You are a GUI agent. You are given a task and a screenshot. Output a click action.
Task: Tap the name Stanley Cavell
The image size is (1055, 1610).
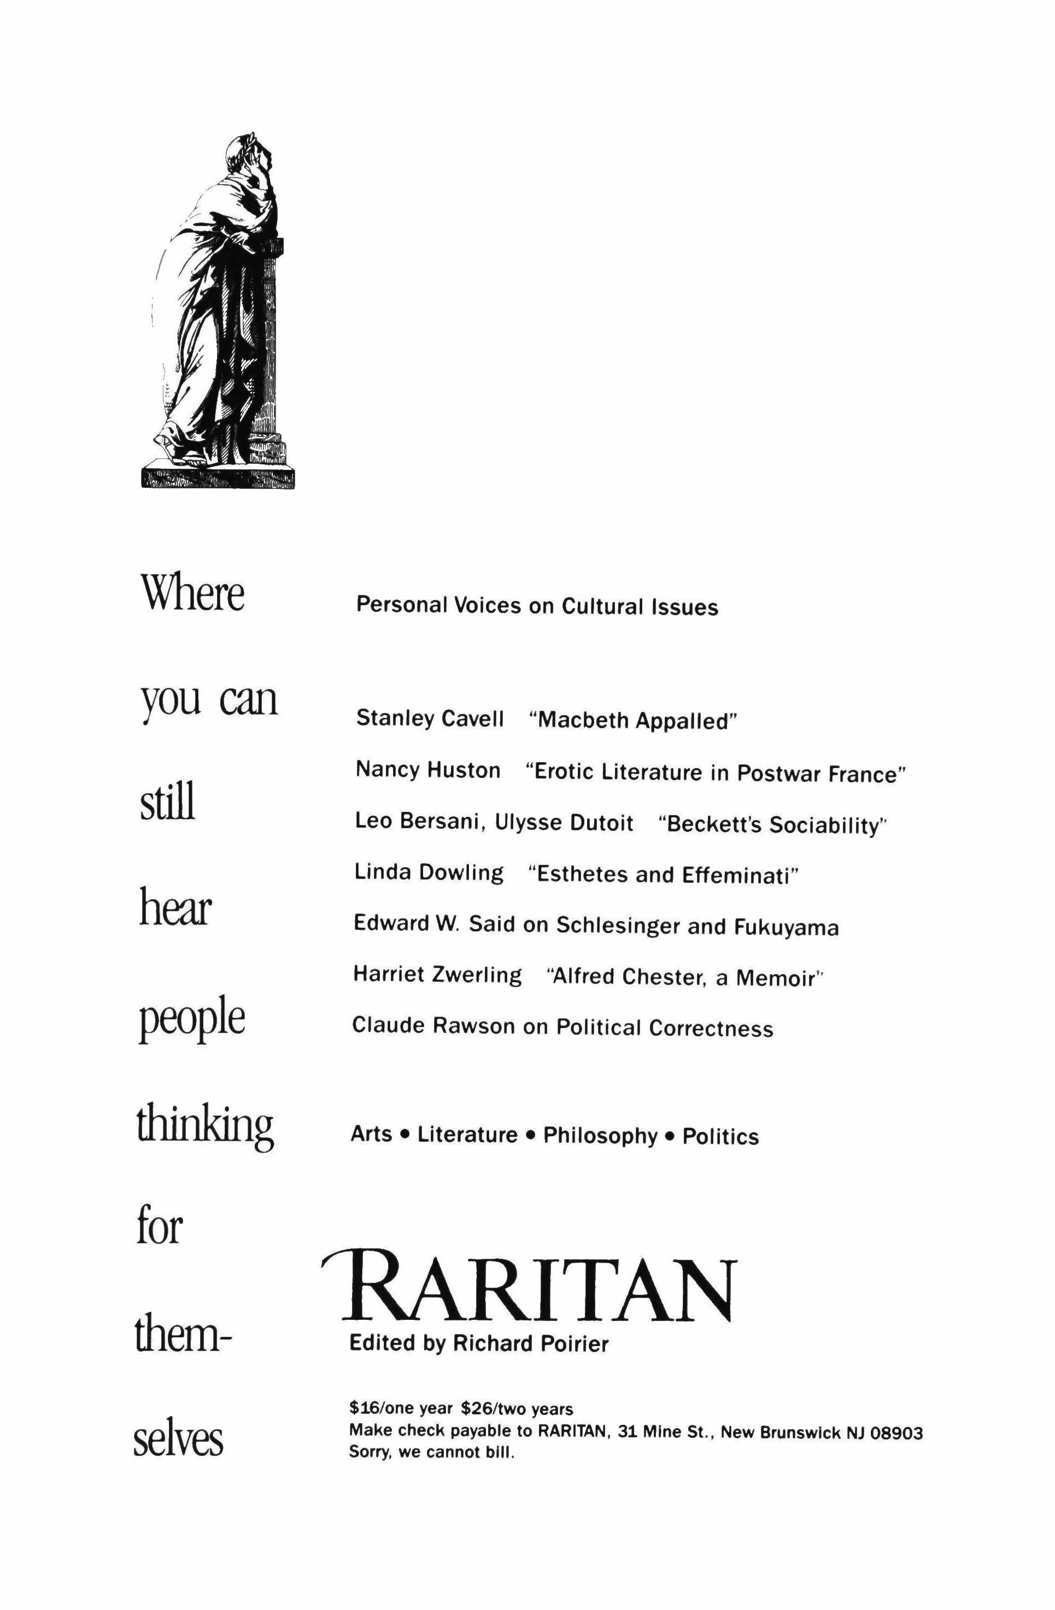(x=430, y=718)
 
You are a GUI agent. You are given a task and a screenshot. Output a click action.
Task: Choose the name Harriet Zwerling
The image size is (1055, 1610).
(x=437, y=975)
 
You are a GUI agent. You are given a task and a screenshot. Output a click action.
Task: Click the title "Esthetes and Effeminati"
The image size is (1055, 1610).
(x=663, y=875)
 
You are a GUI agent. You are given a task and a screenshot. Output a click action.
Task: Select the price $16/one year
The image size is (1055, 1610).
(x=400, y=1409)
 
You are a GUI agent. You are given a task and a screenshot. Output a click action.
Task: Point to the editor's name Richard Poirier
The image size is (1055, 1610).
(x=531, y=1343)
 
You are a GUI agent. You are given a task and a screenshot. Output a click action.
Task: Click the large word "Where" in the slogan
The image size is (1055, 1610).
(x=192, y=594)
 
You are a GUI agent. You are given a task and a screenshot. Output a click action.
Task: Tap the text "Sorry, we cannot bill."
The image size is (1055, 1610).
(x=432, y=1452)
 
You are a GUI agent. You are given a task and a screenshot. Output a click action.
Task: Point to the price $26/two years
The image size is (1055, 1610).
(x=517, y=1409)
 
